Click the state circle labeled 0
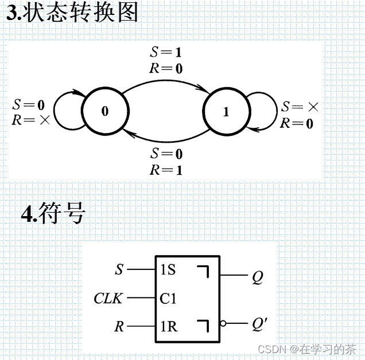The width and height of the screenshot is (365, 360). point(105,111)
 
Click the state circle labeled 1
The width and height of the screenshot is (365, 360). point(226,112)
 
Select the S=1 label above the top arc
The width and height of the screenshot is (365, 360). point(166,52)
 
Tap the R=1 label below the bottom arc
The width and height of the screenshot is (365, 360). point(166,170)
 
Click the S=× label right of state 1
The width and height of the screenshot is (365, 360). point(298,107)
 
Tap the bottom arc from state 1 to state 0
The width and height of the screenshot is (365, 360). point(165,140)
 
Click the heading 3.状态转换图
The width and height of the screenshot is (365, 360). point(72,13)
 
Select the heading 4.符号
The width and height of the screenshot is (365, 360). point(53,213)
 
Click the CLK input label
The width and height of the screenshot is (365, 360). point(108,299)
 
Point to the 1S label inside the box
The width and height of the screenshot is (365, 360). point(168,269)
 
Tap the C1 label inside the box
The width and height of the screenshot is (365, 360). point(169,299)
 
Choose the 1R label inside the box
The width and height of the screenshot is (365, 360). point(169,327)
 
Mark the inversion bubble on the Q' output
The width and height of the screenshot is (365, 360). point(223,324)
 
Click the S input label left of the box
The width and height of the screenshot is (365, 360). point(119,269)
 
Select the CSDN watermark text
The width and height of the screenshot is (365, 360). point(306,349)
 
